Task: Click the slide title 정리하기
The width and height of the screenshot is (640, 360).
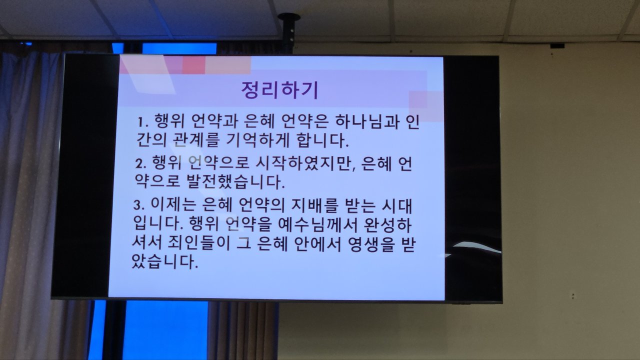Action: click(x=279, y=90)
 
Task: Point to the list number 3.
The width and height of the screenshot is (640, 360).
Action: click(x=139, y=205)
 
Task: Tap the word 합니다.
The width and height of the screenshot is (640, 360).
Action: click(x=323, y=140)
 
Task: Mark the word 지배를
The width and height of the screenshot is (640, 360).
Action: click(x=314, y=205)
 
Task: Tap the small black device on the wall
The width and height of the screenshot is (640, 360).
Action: click(x=557, y=45)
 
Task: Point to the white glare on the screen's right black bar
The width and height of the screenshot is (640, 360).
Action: click(x=477, y=247)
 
